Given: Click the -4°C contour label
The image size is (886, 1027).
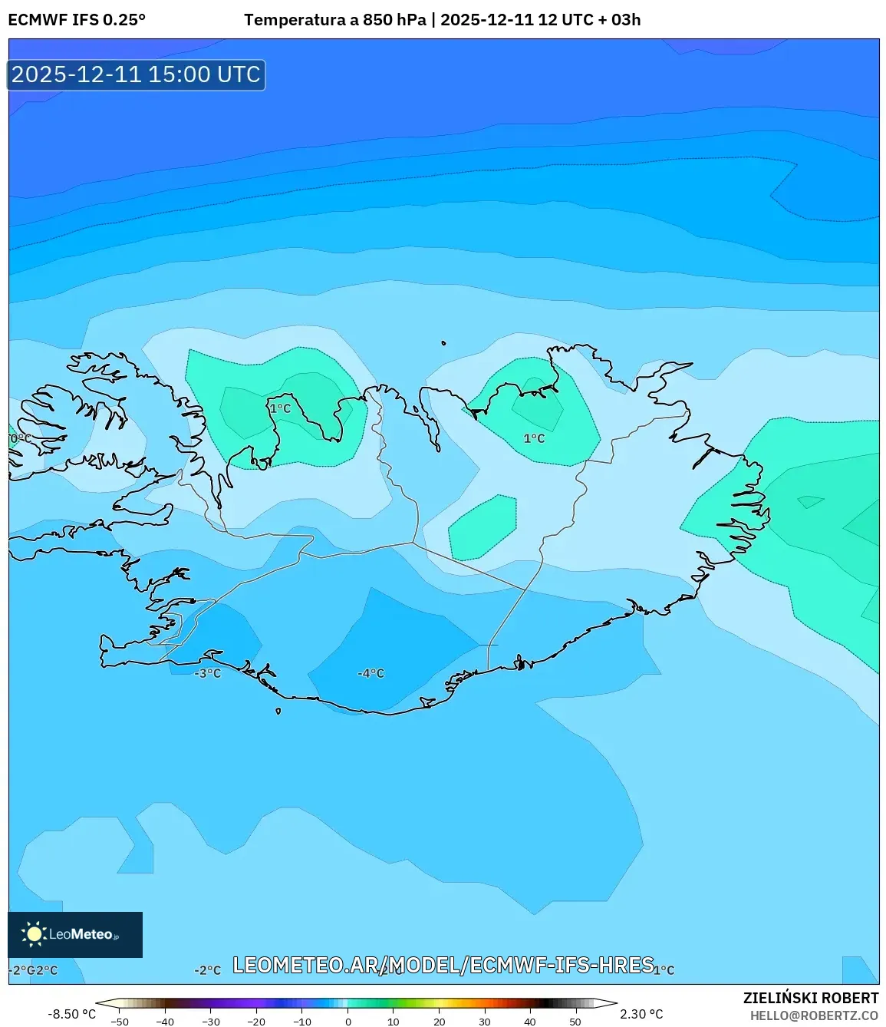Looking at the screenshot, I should click(371, 673).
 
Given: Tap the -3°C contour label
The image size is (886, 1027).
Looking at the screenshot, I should click(208, 673).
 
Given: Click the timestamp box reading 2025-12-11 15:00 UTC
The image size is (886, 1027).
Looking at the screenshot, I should click(137, 75).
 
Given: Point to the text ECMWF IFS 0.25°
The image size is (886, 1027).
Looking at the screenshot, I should click(77, 20).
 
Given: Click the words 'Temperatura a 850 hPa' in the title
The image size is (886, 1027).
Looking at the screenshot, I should click(334, 20).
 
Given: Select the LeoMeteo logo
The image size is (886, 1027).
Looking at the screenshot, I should click(75, 934).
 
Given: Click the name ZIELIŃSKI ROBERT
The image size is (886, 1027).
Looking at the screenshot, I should click(810, 998).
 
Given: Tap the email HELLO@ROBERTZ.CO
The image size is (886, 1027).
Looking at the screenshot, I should click(813, 1015).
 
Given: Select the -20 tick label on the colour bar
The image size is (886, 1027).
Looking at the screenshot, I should click(256, 1022).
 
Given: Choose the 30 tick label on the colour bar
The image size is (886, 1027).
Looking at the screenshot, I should click(485, 1022).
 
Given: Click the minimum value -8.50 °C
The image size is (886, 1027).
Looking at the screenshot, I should click(72, 1014).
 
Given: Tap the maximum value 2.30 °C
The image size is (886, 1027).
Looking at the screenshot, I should click(641, 1014).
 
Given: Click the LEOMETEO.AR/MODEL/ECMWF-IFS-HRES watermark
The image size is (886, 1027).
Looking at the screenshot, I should click(443, 965).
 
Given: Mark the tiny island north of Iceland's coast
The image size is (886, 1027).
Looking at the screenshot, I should click(443, 344).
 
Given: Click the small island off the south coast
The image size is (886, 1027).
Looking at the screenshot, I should click(278, 711).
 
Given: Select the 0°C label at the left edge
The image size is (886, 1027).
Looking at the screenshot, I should click(21, 438).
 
